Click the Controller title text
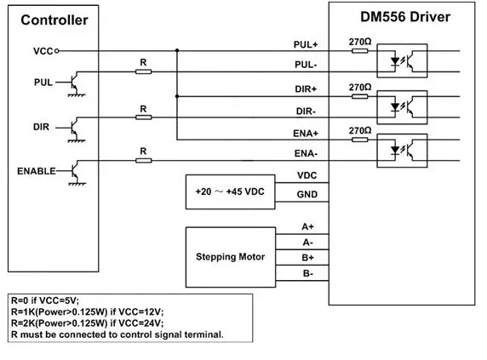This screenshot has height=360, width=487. click(x=54, y=20)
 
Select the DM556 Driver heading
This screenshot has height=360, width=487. click(x=405, y=17)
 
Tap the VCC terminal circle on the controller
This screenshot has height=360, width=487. click(x=57, y=51)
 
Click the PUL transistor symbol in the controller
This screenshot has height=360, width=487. click(x=75, y=83)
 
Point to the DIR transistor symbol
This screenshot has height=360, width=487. click(x=75, y=129)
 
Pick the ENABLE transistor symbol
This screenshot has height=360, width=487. click(x=75, y=172)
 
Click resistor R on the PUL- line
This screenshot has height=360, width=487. click(x=144, y=71)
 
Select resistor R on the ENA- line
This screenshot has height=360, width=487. click(x=144, y=161)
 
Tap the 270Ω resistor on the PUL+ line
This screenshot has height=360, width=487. click(x=359, y=50)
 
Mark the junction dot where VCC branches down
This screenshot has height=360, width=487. click(x=177, y=50)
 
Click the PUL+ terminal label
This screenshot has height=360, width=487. click(x=306, y=45)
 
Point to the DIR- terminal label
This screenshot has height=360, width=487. click(x=306, y=111)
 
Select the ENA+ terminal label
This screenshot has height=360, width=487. click(x=306, y=134)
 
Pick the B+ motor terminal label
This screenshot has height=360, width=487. click(x=308, y=258)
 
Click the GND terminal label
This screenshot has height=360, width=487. click(x=307, y=194)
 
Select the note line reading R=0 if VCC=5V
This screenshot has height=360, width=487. click(x=45, y=300)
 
